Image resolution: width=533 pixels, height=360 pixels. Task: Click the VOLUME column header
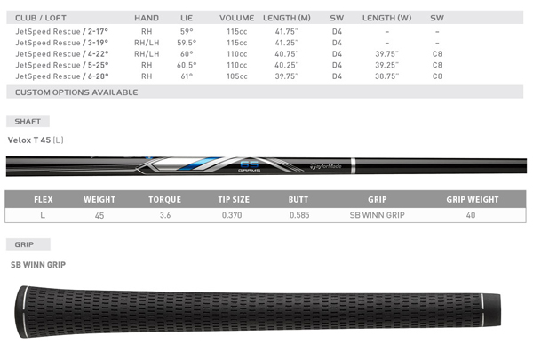click(236, 18)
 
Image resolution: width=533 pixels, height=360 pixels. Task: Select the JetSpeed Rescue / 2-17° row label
click(61, 32)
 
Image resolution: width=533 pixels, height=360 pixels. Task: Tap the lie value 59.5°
click(187, 43)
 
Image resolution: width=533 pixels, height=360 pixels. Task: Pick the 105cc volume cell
click(237, 76)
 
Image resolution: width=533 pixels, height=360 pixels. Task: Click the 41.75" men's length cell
click(287, 32)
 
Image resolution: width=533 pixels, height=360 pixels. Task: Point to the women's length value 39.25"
click(386, 65)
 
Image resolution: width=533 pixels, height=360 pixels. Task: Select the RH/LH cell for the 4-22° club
click(147, 54)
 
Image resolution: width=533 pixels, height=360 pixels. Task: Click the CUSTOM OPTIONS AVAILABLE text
click(76, 92)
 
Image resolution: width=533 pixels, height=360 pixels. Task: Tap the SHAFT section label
click(28, 121)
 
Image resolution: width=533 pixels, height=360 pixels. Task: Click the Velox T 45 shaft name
click(29, 140)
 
